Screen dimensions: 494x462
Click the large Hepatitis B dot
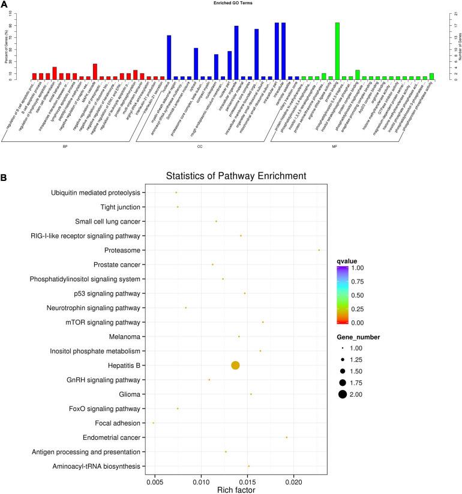(235, 365)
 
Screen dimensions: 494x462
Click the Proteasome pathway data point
(319, 250)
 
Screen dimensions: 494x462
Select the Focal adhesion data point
(154, 423)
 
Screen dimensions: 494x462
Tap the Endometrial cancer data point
(287, 438)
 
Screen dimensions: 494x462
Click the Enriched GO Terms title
(231, 3)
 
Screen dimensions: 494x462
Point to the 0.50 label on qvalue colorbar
(365, 295)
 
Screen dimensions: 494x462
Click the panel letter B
(4, 178)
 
